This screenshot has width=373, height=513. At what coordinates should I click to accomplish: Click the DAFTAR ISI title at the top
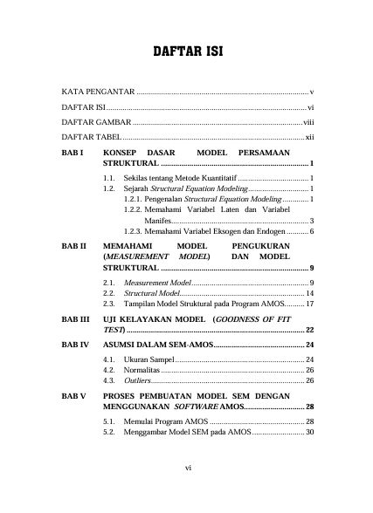[188, 51]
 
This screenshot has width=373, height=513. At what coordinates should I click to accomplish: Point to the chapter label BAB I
[72, 153]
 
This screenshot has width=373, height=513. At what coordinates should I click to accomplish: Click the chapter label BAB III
[75, 321]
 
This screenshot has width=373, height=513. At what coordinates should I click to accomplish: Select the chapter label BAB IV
[74, 345]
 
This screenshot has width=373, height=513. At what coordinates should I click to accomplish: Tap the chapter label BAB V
[73, 395]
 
